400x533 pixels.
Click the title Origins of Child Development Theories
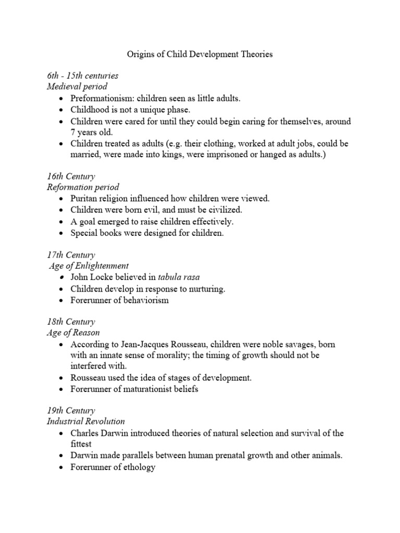[200, 54]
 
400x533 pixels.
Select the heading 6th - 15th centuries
[82, 75]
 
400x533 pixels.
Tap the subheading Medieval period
[77, 86]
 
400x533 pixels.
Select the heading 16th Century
[71, 176]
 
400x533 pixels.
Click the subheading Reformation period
[83, 187]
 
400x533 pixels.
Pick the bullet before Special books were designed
[63, 233]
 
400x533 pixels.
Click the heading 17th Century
[71, 255]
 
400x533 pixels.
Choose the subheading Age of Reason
[73, 333]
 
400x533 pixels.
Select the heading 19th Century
[71, 411]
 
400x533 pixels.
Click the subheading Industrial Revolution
[86, 422]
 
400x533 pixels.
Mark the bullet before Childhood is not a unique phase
[63, 109]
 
